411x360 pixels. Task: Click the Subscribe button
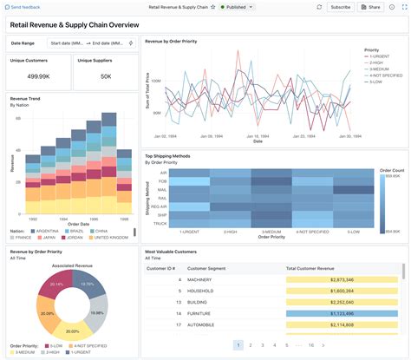coord(340,7)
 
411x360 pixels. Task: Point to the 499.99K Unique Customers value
coord(37,76)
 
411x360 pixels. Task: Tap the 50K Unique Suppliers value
coord(105,76)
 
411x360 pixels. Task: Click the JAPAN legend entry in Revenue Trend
coord(49,237)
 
